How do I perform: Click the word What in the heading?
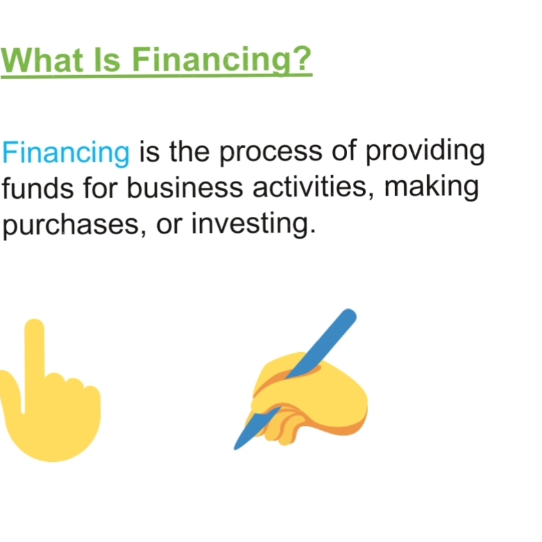click(x=43, y=60)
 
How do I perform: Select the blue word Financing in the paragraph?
click(x=66, y=153)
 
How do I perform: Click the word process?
click(x=271, y=153)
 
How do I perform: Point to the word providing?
click(x=425, y=153)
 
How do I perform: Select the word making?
click(x=432, y=189)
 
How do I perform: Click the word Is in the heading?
click(x=107, y=60)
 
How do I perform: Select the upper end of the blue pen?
click(x=348, y=315)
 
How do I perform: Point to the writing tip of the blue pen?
click(x=236, y=448)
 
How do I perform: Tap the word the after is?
click(x=189, y=153)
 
